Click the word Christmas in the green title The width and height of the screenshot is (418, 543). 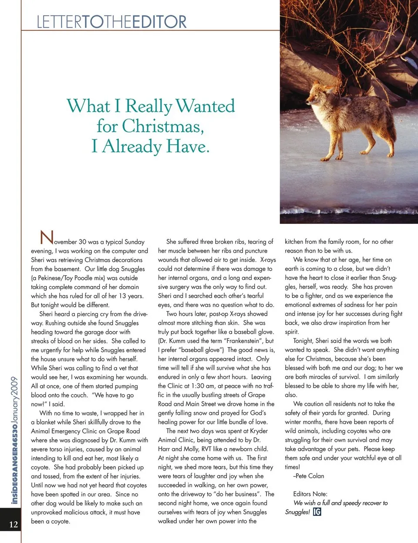coord(163,126)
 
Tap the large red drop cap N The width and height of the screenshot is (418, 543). coord(47,238)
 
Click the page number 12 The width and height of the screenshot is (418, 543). coord(13,524)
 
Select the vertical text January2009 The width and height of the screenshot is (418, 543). coord(14,401)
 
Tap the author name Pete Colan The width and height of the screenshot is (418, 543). coord(310,476)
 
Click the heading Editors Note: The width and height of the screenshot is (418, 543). coord(310,494)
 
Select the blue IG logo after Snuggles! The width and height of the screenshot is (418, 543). coord(317,512)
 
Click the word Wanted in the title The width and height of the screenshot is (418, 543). coord(205,106)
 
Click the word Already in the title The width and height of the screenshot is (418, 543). coord(131,146)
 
